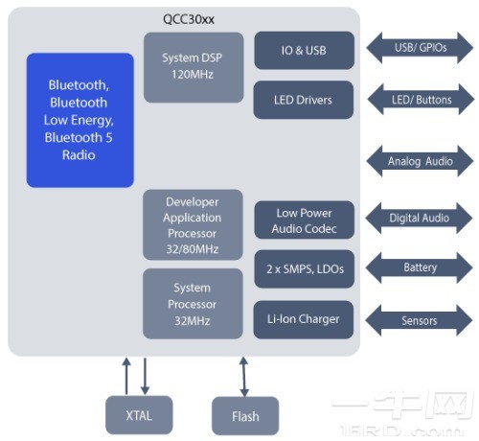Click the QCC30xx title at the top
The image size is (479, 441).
(x=189, y=19)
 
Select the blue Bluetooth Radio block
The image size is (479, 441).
(x=80, y=120)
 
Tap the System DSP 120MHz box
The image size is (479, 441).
(x=194, y=67)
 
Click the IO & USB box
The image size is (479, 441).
(x=305, y=50)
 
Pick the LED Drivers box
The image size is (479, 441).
(x=304, y=100)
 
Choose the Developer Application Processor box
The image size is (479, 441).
(x=193, y=225)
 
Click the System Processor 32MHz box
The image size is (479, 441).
(x=193, y=304)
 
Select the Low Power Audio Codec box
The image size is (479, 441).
(x=305, y=220)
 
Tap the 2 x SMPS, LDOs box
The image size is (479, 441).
(x=305, y=269)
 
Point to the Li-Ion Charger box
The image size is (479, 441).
(x=304, y=319)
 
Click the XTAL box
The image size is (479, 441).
(x=139, y=415)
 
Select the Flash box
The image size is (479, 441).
(x=245, y=416)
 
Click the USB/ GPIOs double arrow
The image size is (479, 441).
(x=420, y=48)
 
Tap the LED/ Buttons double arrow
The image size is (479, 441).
(x=422, y=100)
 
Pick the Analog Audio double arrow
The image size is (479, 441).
(x=420, y=161)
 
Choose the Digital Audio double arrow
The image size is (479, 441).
(x=419, y=218)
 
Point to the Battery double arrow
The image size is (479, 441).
(x=420, y=267)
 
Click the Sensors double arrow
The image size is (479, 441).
(x=419, y=320)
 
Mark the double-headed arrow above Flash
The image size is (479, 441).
(x=244, y=377)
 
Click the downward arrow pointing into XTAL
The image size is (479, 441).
(x=145, y=377)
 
